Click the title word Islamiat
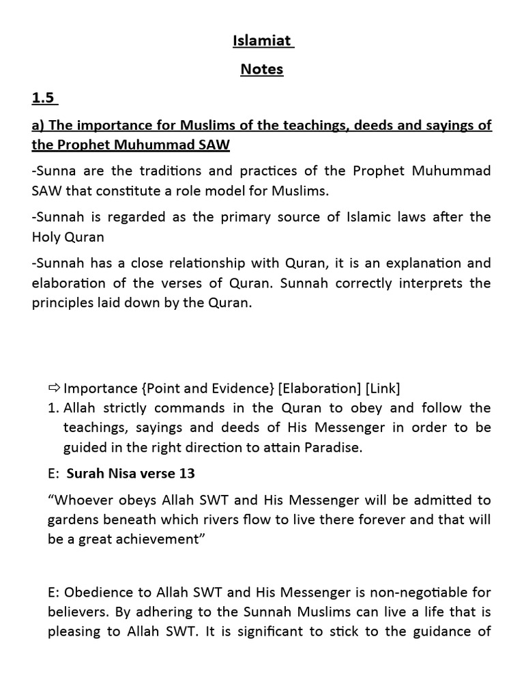pyautogui.click(x=261, y=41)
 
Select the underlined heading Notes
pyautogui.click(x=261, y=69)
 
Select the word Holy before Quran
pyautogui.click(x=48, y=237)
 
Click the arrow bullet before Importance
pyautogui.click(x=54, y=388)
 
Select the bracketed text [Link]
pyautogui.click(x=383, y=388)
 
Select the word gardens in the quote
pyautogui.click(x=72, y=519)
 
